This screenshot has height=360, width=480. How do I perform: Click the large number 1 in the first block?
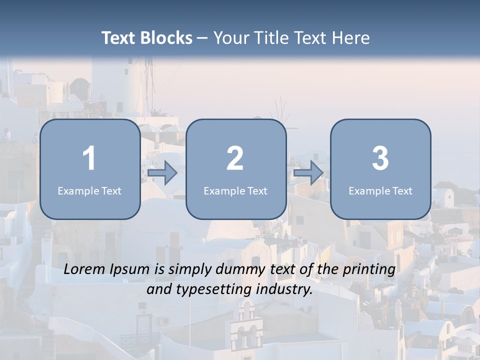click(89, 158)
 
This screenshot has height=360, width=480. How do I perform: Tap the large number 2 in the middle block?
click(235, 158)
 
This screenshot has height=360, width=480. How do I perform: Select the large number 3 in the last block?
click(380, 158)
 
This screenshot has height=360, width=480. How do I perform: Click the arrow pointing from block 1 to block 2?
click(162, 173)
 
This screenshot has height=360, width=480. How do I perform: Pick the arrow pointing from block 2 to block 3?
click(308, 173)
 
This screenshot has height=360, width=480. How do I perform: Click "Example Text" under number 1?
click(89, 190)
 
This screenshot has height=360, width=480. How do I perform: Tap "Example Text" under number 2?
click(235, 190)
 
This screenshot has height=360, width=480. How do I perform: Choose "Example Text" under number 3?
click(380, 190)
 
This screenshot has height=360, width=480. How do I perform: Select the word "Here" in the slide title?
click(353, 38)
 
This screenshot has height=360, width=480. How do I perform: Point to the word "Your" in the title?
click(230, 38)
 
